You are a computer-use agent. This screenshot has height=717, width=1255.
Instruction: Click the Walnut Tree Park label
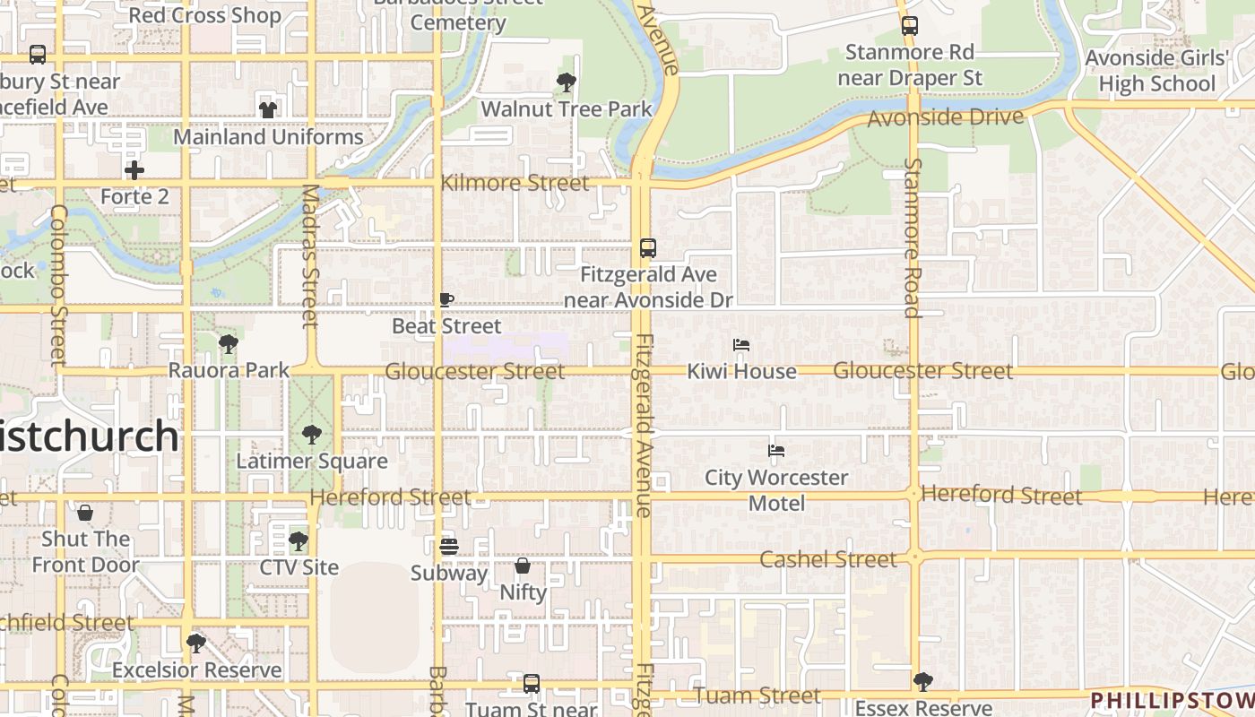pos(567,109)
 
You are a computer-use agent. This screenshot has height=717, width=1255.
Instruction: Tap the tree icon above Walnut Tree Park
pos(567,82)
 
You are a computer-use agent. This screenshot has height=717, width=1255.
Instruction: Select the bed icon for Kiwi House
pos(741,345)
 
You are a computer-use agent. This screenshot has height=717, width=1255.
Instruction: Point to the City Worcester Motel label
pos(776,490)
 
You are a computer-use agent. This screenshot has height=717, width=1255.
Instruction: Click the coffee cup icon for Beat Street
pos(446,299)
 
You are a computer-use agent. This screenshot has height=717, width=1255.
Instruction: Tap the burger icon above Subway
pos(449,546)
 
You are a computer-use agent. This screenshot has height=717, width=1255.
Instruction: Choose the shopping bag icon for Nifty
pos(523,566)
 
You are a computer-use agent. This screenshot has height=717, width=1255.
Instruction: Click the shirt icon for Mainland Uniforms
pos(268,110)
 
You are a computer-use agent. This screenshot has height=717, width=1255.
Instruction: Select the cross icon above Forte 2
pos(134,169)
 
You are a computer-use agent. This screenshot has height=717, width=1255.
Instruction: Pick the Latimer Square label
pos(312,462)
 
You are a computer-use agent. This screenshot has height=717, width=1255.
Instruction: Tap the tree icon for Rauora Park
pos(229,343)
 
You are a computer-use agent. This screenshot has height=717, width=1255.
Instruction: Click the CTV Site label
pos(299,567)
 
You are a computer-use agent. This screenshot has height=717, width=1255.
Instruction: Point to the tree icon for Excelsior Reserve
pos(196,643)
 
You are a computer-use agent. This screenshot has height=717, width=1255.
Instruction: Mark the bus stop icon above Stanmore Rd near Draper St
pos(910,26)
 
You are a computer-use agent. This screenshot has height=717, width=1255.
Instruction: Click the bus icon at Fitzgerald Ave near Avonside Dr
pos(648,248)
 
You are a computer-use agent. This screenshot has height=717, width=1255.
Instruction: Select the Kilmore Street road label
pos(515,183)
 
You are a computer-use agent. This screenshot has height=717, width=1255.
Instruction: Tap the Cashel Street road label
pos(827,559)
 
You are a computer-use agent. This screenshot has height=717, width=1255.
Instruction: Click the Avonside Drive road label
pos(945,117)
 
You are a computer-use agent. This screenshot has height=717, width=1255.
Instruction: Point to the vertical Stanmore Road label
pos(913,238)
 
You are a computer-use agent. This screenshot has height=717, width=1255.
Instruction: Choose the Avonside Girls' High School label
pos(1156,71)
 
